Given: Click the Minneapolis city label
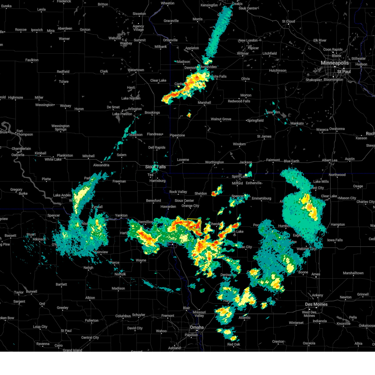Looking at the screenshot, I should pos(334,63).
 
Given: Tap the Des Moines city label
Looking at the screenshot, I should pos(316,304).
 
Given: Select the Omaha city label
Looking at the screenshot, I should pos(197,327).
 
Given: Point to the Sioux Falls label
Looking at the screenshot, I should pos(155,167).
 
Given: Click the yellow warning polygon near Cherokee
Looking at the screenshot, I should pos(194,224).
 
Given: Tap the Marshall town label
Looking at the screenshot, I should pos(204,102).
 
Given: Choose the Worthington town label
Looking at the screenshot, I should pos(214,162).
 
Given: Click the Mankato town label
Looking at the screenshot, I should pos(297,123).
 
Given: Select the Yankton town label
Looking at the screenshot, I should pos(121,215).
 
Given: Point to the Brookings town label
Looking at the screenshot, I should pos(152,112).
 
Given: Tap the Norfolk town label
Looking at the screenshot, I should pos(120,274).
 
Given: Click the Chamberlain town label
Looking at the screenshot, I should pos(21,148).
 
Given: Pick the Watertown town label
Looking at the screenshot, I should pos(136,70).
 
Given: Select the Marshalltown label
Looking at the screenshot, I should pos(353,273).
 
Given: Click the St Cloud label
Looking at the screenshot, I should pos(288,22).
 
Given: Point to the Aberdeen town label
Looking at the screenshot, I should pos(65,28).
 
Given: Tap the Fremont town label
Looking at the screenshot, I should pos(168,316).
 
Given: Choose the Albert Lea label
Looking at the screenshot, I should pos(330,160).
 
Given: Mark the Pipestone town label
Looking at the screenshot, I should pos(177,135).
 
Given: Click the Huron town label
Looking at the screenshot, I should pos(79,109).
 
